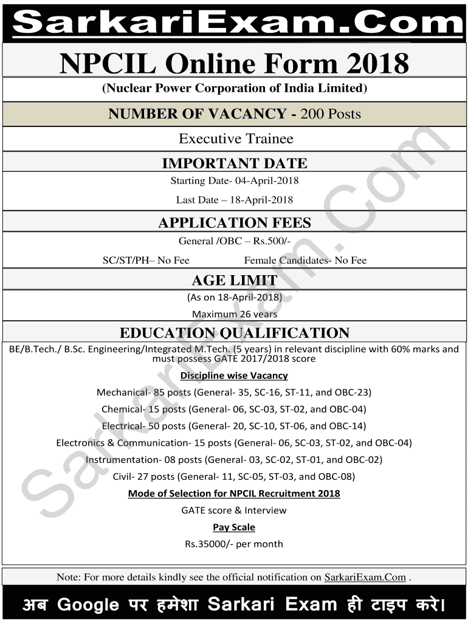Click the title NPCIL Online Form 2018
(x=234, y=63)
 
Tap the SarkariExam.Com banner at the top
(x=234, y=23)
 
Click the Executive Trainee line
(x=236, y=138)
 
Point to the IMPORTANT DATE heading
(x=234, y=163)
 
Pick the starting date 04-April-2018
(x=268, y=180)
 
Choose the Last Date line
(x=234, y=200)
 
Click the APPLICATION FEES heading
(x=234, y=223)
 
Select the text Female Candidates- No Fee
(x=305, y=261)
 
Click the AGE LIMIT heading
(x=234, y=281)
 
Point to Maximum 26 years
(x=234, y=314)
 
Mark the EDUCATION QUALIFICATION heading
(x=234, y=333)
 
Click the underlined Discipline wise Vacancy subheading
(x=234, y=375)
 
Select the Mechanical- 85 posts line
(x=234, y=392)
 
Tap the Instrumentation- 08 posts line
(x=234, y=460)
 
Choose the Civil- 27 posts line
(x=234, y=477)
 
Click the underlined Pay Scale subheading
(x=234, y=527)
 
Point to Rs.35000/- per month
(x=234, y=544)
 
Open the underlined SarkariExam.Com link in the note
(x=365, y=577)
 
